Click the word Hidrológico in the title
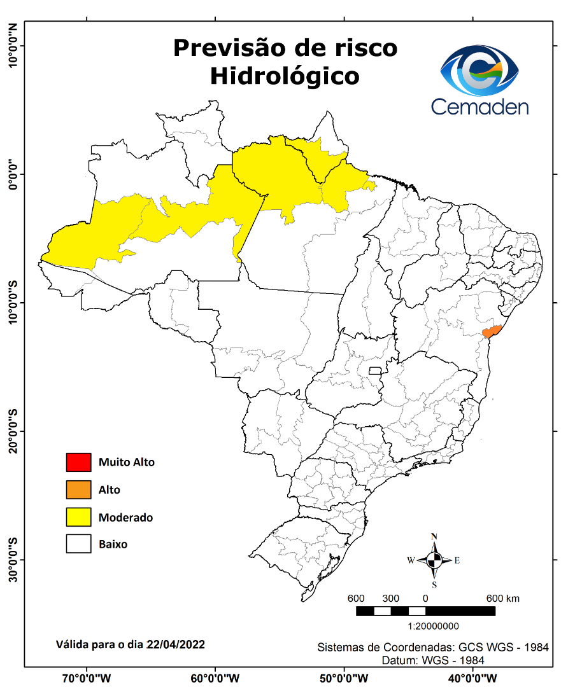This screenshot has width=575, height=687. tap(285, 76)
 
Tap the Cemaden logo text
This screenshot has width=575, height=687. tap(479, 106)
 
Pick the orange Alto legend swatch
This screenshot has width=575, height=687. tap(78, 490)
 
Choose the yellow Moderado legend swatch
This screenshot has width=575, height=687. tap(78, 517)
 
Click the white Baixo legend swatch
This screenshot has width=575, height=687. tap(78, 545)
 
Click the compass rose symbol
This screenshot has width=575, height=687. tap(434, 560)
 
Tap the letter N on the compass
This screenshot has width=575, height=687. tap(434, 536)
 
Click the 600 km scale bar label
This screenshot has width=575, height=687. tap(503, 599)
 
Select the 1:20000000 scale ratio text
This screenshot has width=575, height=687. tap(433, 626)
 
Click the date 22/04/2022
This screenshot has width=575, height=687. tap(175, 644)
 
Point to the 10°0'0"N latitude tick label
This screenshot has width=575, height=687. tap(12, 46)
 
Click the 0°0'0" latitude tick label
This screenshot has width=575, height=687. tap(12, 174)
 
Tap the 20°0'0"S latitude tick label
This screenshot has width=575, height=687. tap(12, 431)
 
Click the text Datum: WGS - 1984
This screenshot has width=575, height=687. tap(433, 660)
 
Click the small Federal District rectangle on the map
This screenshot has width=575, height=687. tap(375, 370)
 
